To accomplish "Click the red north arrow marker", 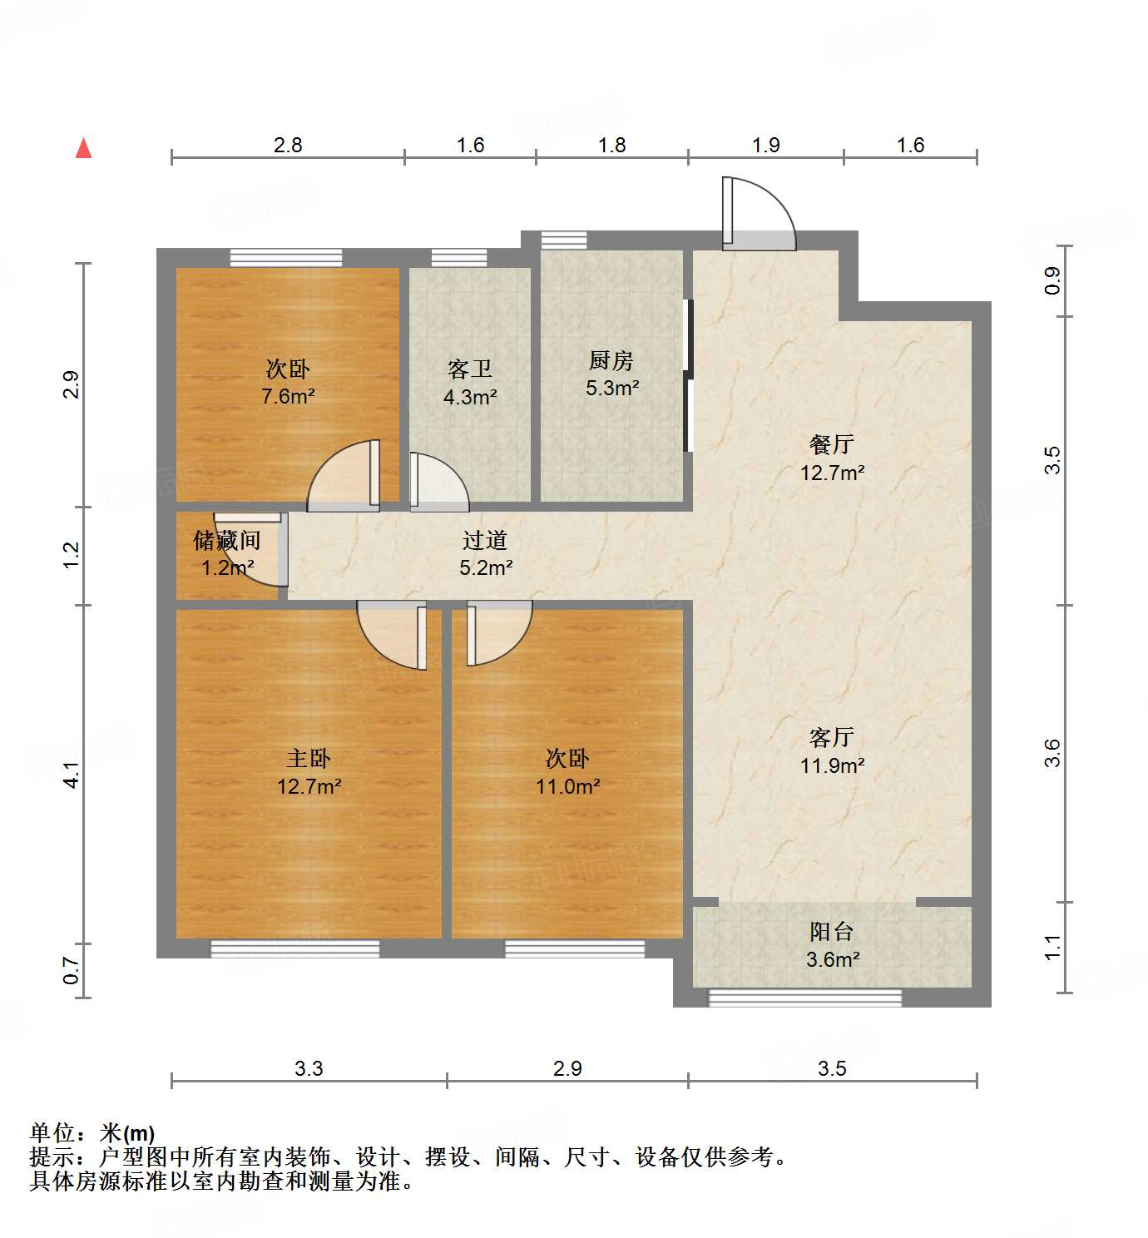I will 83,149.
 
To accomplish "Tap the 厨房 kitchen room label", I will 611,361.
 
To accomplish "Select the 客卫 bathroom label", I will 469,369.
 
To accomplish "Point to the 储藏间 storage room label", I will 226,541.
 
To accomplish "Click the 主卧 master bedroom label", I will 309,759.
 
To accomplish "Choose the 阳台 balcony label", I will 831,932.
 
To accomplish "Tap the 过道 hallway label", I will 485,541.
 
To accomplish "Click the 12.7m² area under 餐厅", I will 832,473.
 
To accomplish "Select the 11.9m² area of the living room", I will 832,765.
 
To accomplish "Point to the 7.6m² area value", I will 288,397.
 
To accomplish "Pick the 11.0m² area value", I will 567,786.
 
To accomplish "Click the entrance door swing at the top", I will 758,213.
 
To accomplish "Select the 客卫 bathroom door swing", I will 438,482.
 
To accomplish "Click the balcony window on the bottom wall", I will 804,997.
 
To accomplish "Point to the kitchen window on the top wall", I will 563,240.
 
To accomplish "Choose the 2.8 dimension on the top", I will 288,146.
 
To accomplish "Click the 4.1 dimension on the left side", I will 72,775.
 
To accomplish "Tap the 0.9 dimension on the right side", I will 1053,281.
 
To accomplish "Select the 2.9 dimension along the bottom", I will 567,1069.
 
